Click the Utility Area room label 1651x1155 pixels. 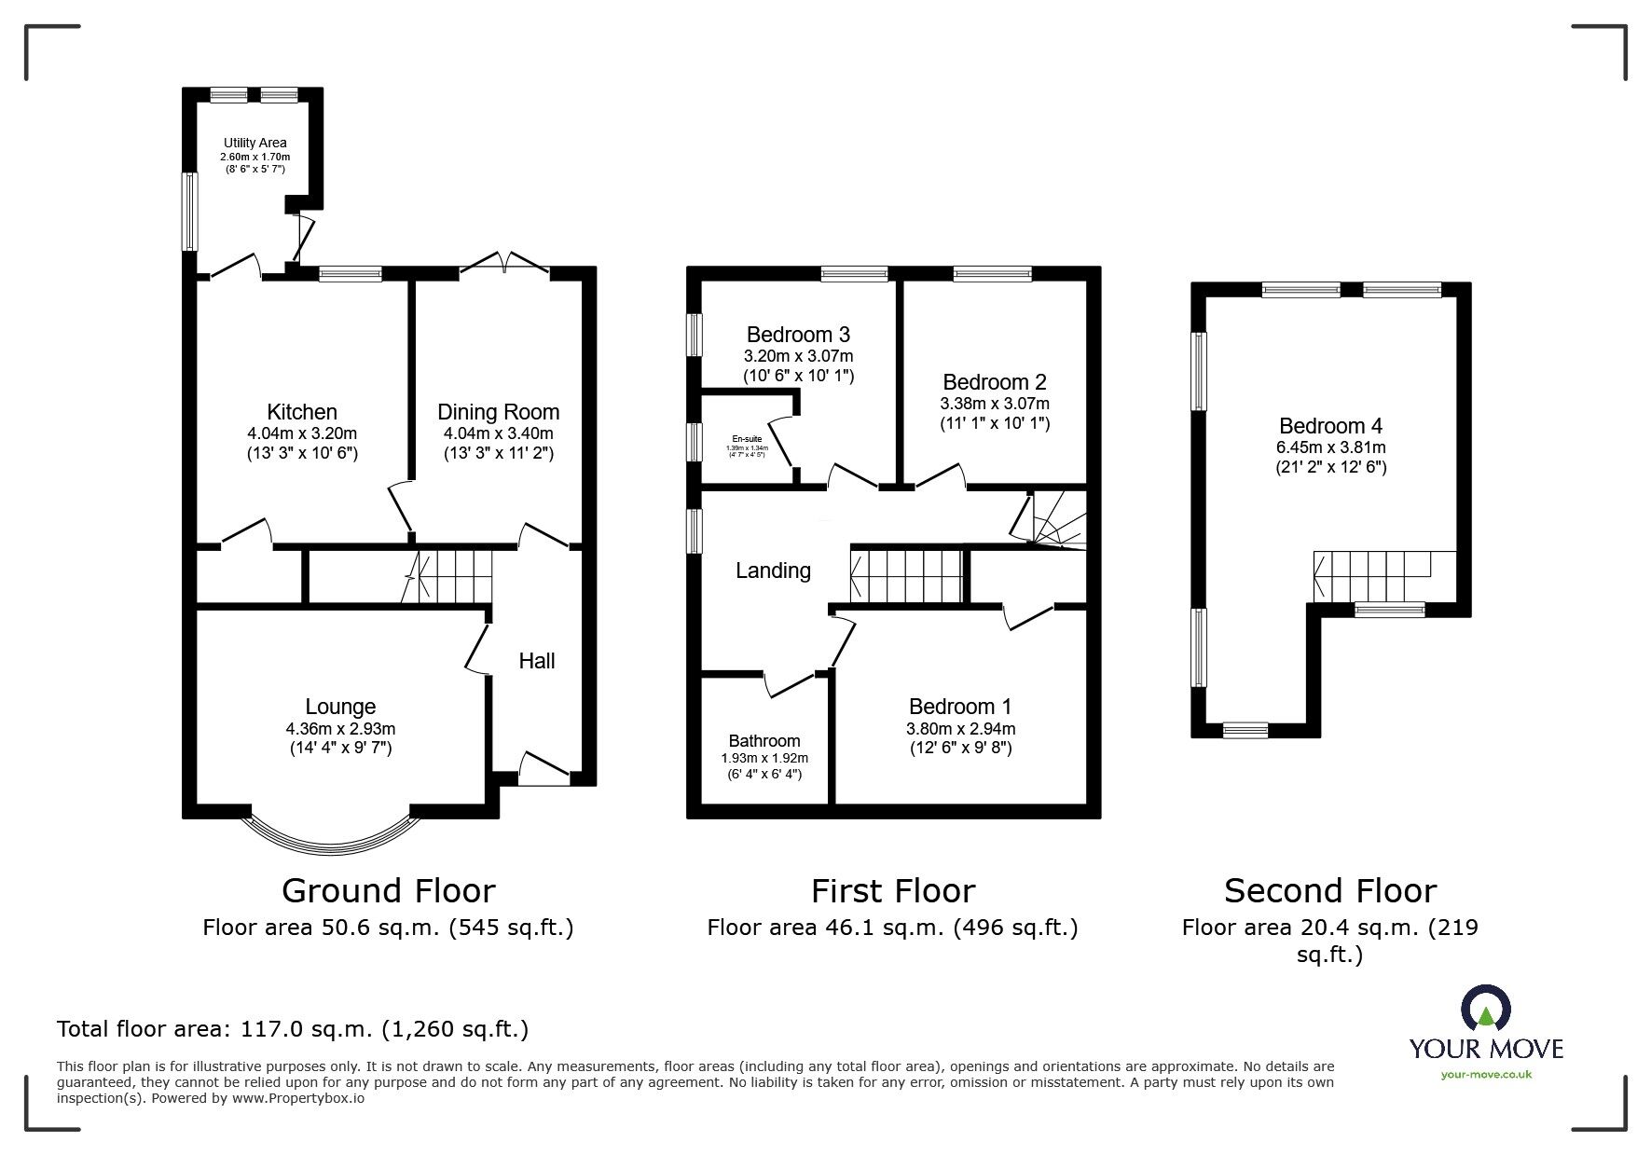tap(255, 143)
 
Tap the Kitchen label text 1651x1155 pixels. tap(302, 412)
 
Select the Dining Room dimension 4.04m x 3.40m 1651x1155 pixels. tap(498, 433)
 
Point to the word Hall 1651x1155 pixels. tap(536, 661)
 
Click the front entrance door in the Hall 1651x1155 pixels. tap(543, 766)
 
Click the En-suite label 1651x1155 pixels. tap(746, 438)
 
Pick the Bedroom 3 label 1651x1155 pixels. tap(798, 334)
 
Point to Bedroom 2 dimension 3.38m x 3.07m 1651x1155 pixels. tap(994, 404)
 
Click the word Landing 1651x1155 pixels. tap(773, 571)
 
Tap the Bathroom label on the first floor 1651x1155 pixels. tap(764, 741)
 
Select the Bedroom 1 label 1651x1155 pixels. tap(960, 707)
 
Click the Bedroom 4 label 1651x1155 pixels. tap(1330, 426)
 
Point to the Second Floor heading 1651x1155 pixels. tap(1329, 891)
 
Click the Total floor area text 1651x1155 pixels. tap(293, 1029)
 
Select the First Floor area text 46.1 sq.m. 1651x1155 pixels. tap(892, 928)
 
